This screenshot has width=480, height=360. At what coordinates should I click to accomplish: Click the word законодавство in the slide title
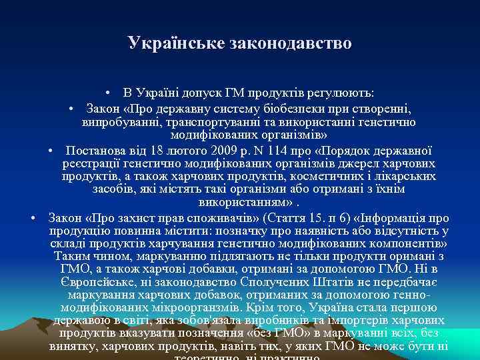click(x=290, y=44)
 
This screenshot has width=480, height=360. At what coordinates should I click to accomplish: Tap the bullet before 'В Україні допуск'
click(x=107, y=91)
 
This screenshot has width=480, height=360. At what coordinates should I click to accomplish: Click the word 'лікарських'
click(x=409, y=177)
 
